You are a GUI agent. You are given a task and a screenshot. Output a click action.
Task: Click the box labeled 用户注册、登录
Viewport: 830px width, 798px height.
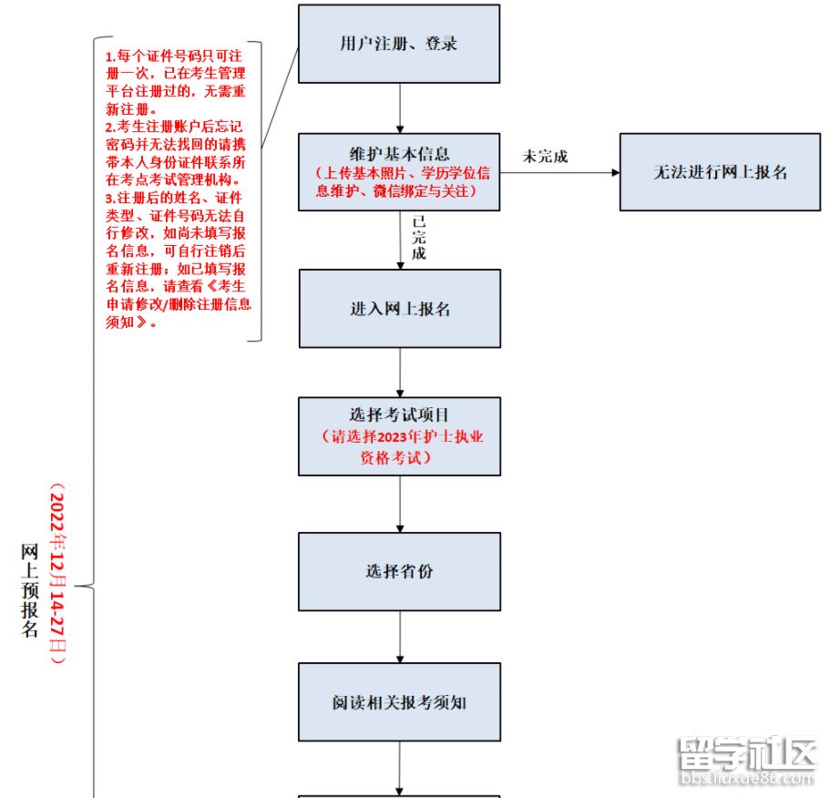coord(399,44)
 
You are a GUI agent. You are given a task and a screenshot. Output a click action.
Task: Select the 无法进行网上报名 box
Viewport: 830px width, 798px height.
coord(720,172)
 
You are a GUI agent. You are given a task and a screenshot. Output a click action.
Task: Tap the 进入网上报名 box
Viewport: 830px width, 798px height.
coord(399,309)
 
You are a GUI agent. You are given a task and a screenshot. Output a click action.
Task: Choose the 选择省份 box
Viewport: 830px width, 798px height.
coord(399,571)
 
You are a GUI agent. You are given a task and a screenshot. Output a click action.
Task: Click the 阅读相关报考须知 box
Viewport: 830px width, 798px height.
coord(399,702)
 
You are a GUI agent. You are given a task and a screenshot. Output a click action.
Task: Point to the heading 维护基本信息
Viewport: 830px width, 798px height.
coord(399,155)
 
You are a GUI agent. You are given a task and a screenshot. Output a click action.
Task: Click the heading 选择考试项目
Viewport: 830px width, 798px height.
coord(399,414)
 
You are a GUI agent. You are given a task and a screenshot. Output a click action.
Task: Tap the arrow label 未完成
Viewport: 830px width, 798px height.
coord(545,157)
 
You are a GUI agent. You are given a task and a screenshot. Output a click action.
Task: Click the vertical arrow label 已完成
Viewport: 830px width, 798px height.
coord(418,238)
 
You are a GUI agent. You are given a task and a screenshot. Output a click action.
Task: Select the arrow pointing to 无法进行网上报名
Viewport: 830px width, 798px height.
coord(559,172)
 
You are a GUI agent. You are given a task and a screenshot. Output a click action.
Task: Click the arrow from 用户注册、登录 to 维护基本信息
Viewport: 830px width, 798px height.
coord(399,107)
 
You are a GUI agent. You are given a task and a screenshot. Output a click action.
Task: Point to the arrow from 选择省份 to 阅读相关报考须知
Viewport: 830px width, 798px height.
coord(399,636)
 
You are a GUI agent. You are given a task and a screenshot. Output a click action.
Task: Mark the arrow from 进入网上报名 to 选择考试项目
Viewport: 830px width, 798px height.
coord(399,372)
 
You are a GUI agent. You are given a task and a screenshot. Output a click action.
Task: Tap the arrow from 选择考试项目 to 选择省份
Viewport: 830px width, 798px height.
coord(399,504)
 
